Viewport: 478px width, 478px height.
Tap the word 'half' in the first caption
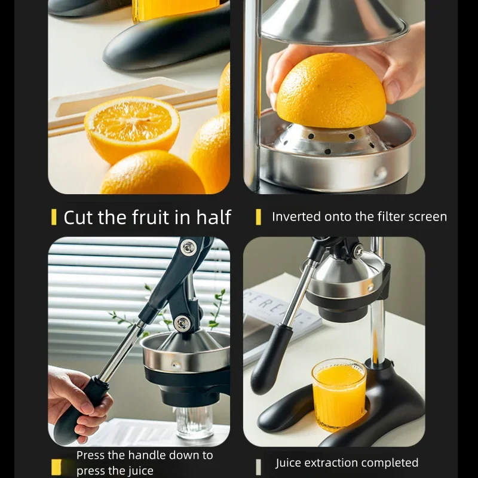(x=212, y=217)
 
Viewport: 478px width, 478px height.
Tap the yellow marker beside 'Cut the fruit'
(x=54, y=217)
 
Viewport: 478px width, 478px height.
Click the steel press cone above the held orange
(x=335, y=21)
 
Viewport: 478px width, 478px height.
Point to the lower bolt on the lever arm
(x=182, y=323)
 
